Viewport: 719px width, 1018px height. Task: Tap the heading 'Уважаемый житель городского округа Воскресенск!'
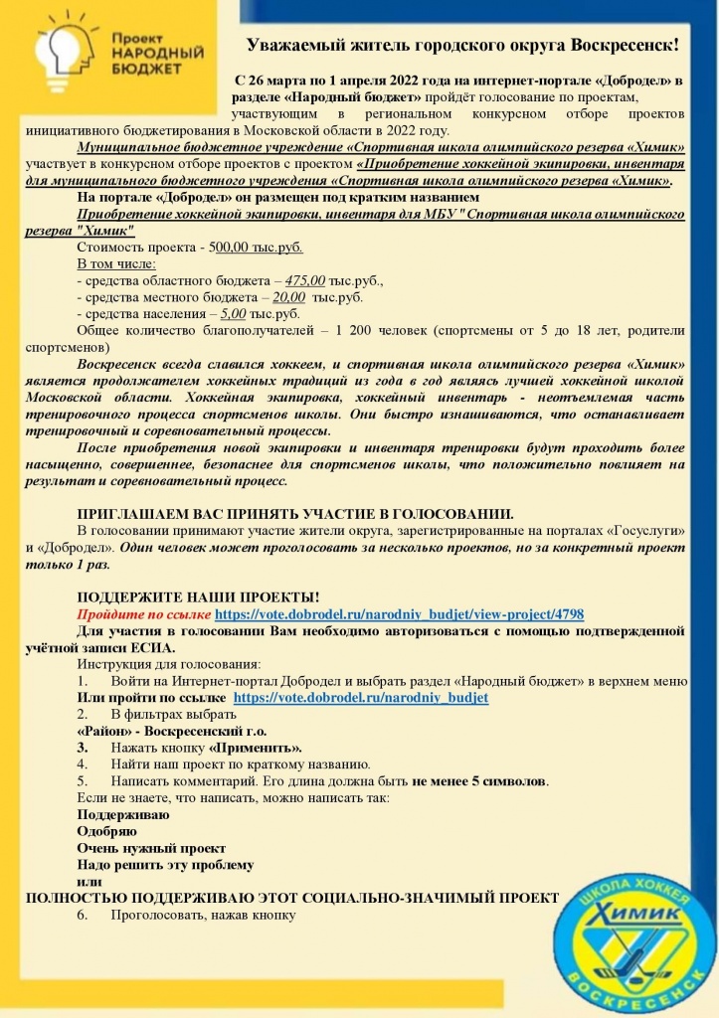click(x=463, y=46)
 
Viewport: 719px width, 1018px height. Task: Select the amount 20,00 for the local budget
click(x=289, y=296)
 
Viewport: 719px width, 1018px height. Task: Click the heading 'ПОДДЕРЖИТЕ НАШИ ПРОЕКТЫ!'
click(x=199, y=596)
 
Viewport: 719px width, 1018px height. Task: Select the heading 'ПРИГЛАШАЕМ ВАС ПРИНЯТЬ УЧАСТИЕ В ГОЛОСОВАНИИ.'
click(x=295, y=514)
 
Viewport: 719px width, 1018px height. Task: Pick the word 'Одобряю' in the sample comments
click(x=107, y=831)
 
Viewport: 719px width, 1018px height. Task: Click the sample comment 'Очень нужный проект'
click(x=151, y=848)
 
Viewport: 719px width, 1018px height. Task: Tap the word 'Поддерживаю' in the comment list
click(x=123, y=814)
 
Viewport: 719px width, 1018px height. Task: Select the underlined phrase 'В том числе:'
click(x=116, y=264)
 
